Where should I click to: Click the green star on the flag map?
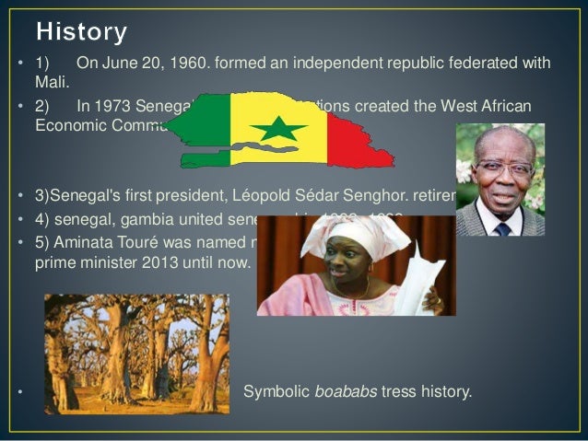277,128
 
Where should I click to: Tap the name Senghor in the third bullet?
372,195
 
